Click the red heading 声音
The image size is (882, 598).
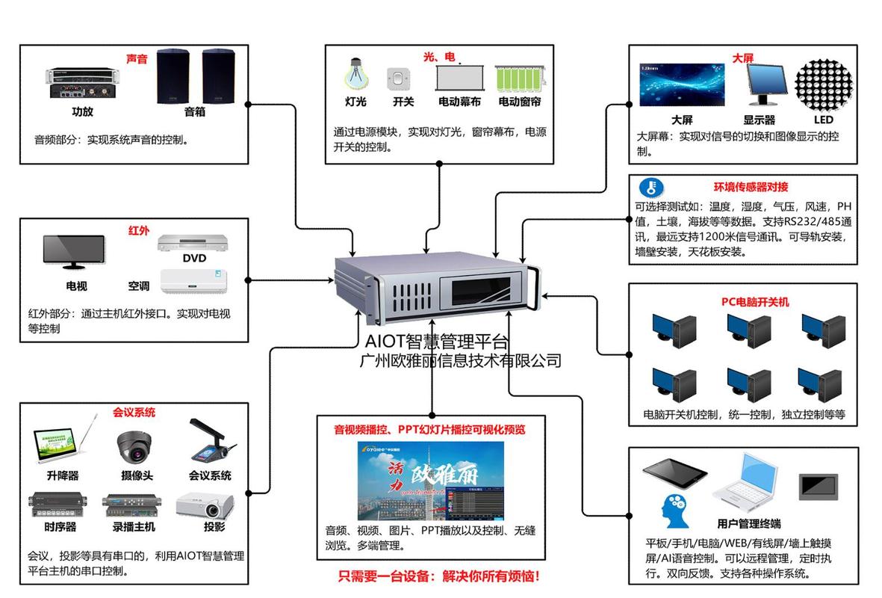[x=137, y=58]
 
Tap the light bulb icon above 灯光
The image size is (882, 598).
[x=355, y=75]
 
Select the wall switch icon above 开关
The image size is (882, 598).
[x=401, y=78]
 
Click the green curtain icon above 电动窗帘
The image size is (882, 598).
[x=520, y=78]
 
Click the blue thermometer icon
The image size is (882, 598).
[x=651, y=188]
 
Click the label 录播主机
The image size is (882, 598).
[x=134, y=526]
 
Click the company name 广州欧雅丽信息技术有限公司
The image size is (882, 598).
[x=460, y=361]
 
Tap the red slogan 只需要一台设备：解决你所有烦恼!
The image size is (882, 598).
[x=438, y=576]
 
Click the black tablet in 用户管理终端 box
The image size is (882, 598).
[x=674, y=473]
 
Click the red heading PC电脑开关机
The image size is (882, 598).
[x=754, y=302]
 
